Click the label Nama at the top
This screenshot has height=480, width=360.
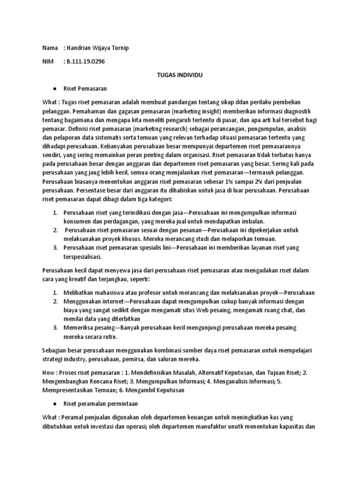50,48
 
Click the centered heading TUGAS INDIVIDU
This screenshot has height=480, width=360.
180,75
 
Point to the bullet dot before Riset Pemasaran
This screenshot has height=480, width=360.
55,88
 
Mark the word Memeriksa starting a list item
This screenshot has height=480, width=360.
79,327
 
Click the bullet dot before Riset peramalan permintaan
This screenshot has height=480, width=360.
55,403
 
